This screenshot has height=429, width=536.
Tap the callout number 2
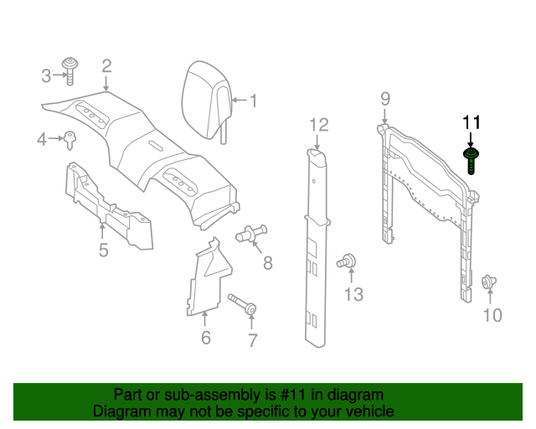click(x=106, y=65)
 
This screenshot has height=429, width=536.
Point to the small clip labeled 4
click(x=70, y=138)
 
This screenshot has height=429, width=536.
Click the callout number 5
click(x=103, y=250)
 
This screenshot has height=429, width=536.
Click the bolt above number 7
click(x=242, y=305)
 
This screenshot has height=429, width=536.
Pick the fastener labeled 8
click(x=252, y=235)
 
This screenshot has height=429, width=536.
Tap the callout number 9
click(x=384, y=99)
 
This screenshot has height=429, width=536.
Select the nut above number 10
click(x=487, y=284)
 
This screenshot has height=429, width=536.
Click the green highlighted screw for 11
click(x=472, y=158)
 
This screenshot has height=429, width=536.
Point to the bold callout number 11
click(x=471, y=122)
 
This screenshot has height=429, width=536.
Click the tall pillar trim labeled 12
click(x=317, y=243)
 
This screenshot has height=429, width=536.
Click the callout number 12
click(x=317, y=125)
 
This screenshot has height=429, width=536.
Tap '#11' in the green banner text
click(x=296, y=395)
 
